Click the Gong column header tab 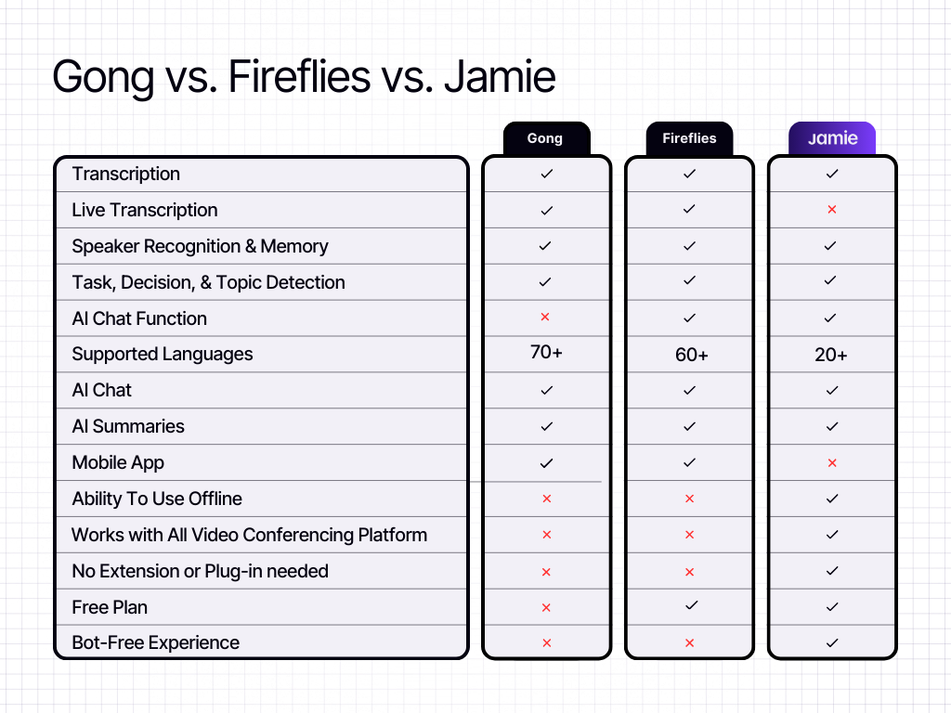point(546,139)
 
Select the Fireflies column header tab point(689,139)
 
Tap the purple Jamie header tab point(832,139)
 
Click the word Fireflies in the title point(299,76)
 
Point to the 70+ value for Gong point(546,352)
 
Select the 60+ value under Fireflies point(691,355)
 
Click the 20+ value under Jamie point(831,355)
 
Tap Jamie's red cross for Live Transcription point(832,209)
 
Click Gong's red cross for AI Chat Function point(544,317)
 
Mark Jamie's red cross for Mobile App point(832,462)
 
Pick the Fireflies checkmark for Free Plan point(691,605)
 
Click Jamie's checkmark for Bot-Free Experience point(832,642)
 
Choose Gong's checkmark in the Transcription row point(546,174)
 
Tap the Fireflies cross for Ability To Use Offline point(689,499)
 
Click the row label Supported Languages point(162,354)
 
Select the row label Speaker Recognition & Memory point(201,246)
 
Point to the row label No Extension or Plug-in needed point(201,571)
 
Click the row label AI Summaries point(128,426)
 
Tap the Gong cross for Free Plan point(546,607)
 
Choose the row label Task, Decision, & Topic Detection point(208,282)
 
